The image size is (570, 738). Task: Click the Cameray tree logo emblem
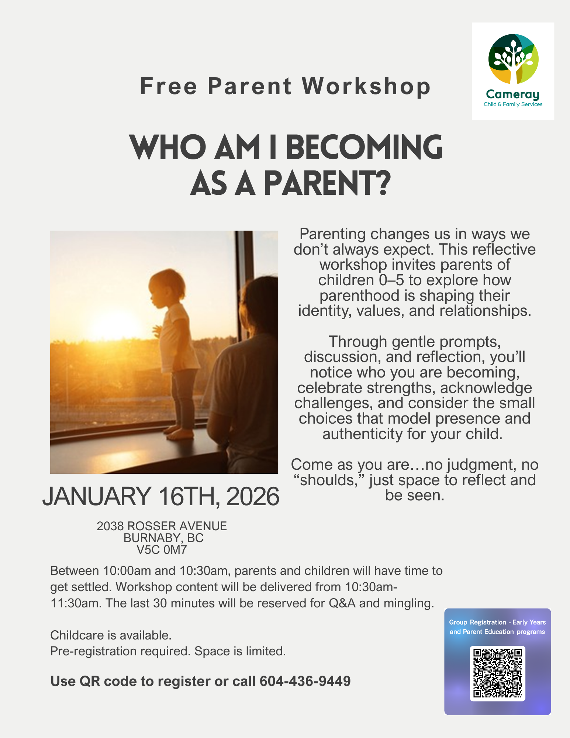pos(513,59)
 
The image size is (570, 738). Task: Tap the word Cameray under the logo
pos(512,95)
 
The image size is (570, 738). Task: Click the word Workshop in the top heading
pos(366,86)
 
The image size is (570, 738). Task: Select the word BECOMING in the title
pos(364,147)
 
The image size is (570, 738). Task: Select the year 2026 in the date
pos(253,496)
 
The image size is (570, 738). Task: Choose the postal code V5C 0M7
pos(162,550)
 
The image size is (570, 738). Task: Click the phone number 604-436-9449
pos(305,681)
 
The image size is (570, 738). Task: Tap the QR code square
pos(497,673)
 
